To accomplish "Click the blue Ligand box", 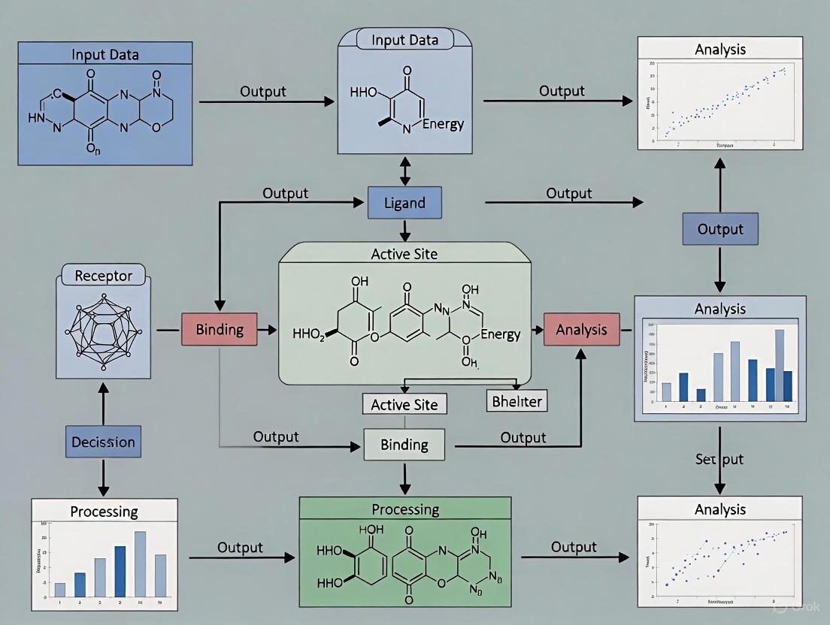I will [x=404, y=203].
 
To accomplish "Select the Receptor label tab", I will [x=103, y=276].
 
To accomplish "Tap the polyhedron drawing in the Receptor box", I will [x=103, y=331].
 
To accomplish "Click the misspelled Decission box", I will [x=103, y=442].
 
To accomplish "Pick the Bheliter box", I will [x=516, y=400].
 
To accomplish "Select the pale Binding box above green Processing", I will [x=404, y=444].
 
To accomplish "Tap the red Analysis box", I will [x=581, y=330].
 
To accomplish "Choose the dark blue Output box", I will [x=720, y=229].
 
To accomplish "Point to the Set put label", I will [x=719, y=458].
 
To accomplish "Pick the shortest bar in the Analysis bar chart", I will [x=701, y=394].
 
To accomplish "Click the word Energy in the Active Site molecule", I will [x=500, y=334].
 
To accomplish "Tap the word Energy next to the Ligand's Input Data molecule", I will [x=443, y=124].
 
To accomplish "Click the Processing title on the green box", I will [x=405, y=509].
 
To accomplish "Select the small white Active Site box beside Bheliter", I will [x=404, y=404].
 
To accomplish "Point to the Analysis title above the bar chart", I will [x=720, y=308].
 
